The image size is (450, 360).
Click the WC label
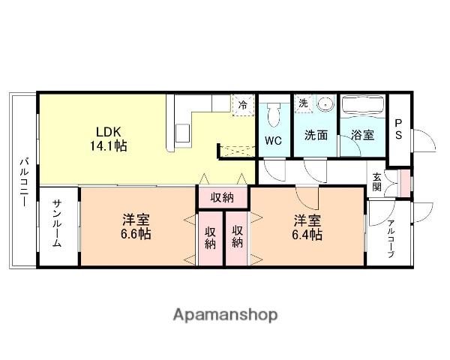(273, 139)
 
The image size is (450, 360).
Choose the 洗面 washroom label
(316, 136)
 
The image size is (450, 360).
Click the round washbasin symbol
(325, 106)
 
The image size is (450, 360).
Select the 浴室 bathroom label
(364, 136)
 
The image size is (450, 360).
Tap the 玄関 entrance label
(377, 181)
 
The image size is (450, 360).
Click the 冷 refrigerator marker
(242, 105)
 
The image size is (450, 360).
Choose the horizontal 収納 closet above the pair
(222, 198)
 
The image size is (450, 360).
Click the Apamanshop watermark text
(225, 315)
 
